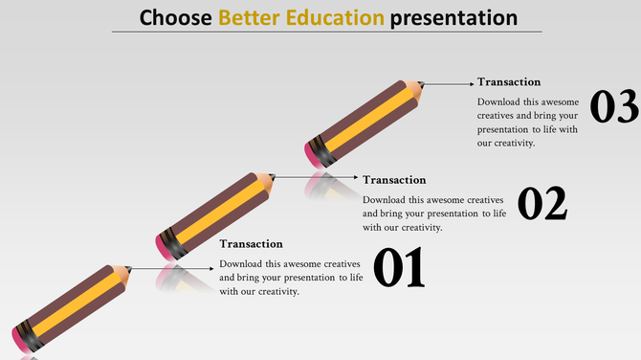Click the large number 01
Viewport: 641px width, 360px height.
point(397,268)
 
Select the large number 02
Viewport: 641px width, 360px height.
point(542,204)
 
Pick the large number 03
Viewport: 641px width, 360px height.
point(613,106)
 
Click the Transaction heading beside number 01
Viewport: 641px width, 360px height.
point(251,244)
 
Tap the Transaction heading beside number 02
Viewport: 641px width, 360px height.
point(394,179)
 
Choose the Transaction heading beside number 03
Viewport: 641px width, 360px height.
point(509,82)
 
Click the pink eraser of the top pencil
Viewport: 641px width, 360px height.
point(313,151)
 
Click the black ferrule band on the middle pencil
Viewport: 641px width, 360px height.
point(175,241)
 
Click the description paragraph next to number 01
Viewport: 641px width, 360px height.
point(291,278)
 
